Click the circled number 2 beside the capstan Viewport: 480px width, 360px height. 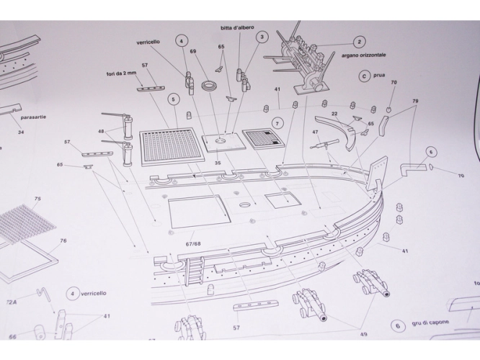click(360, 42)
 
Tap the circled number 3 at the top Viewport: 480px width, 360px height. click(262, 36)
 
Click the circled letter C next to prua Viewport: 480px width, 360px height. click(365, 75)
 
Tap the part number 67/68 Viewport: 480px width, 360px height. click(193, 244)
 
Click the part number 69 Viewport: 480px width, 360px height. click(193, 52)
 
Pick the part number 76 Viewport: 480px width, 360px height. click(63, 240)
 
